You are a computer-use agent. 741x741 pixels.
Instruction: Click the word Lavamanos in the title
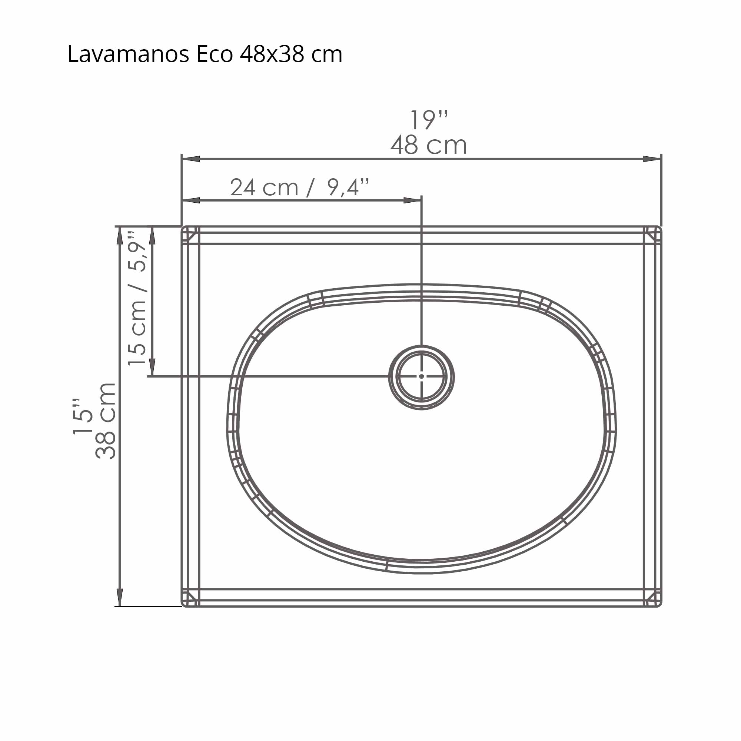[128, 54]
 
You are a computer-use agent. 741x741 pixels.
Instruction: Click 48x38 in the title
[272, 54]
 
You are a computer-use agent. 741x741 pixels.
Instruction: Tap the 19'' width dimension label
[428, 120]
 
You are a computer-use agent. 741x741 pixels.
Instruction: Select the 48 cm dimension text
[428, 145]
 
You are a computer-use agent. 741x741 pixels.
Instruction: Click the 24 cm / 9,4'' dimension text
[299, 187]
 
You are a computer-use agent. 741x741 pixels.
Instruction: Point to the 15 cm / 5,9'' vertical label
[137, 298]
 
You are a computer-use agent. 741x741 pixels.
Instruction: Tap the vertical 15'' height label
[83, 416]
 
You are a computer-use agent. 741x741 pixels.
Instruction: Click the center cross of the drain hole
[422, 377]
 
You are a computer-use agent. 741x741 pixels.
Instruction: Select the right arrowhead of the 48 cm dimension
[652, 159]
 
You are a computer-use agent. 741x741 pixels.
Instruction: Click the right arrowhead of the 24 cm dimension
[413, 200]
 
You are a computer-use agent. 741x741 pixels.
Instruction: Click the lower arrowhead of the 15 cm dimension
[152, 368]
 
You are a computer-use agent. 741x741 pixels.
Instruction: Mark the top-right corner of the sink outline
[660, 228]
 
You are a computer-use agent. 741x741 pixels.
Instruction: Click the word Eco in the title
[215, 54]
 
